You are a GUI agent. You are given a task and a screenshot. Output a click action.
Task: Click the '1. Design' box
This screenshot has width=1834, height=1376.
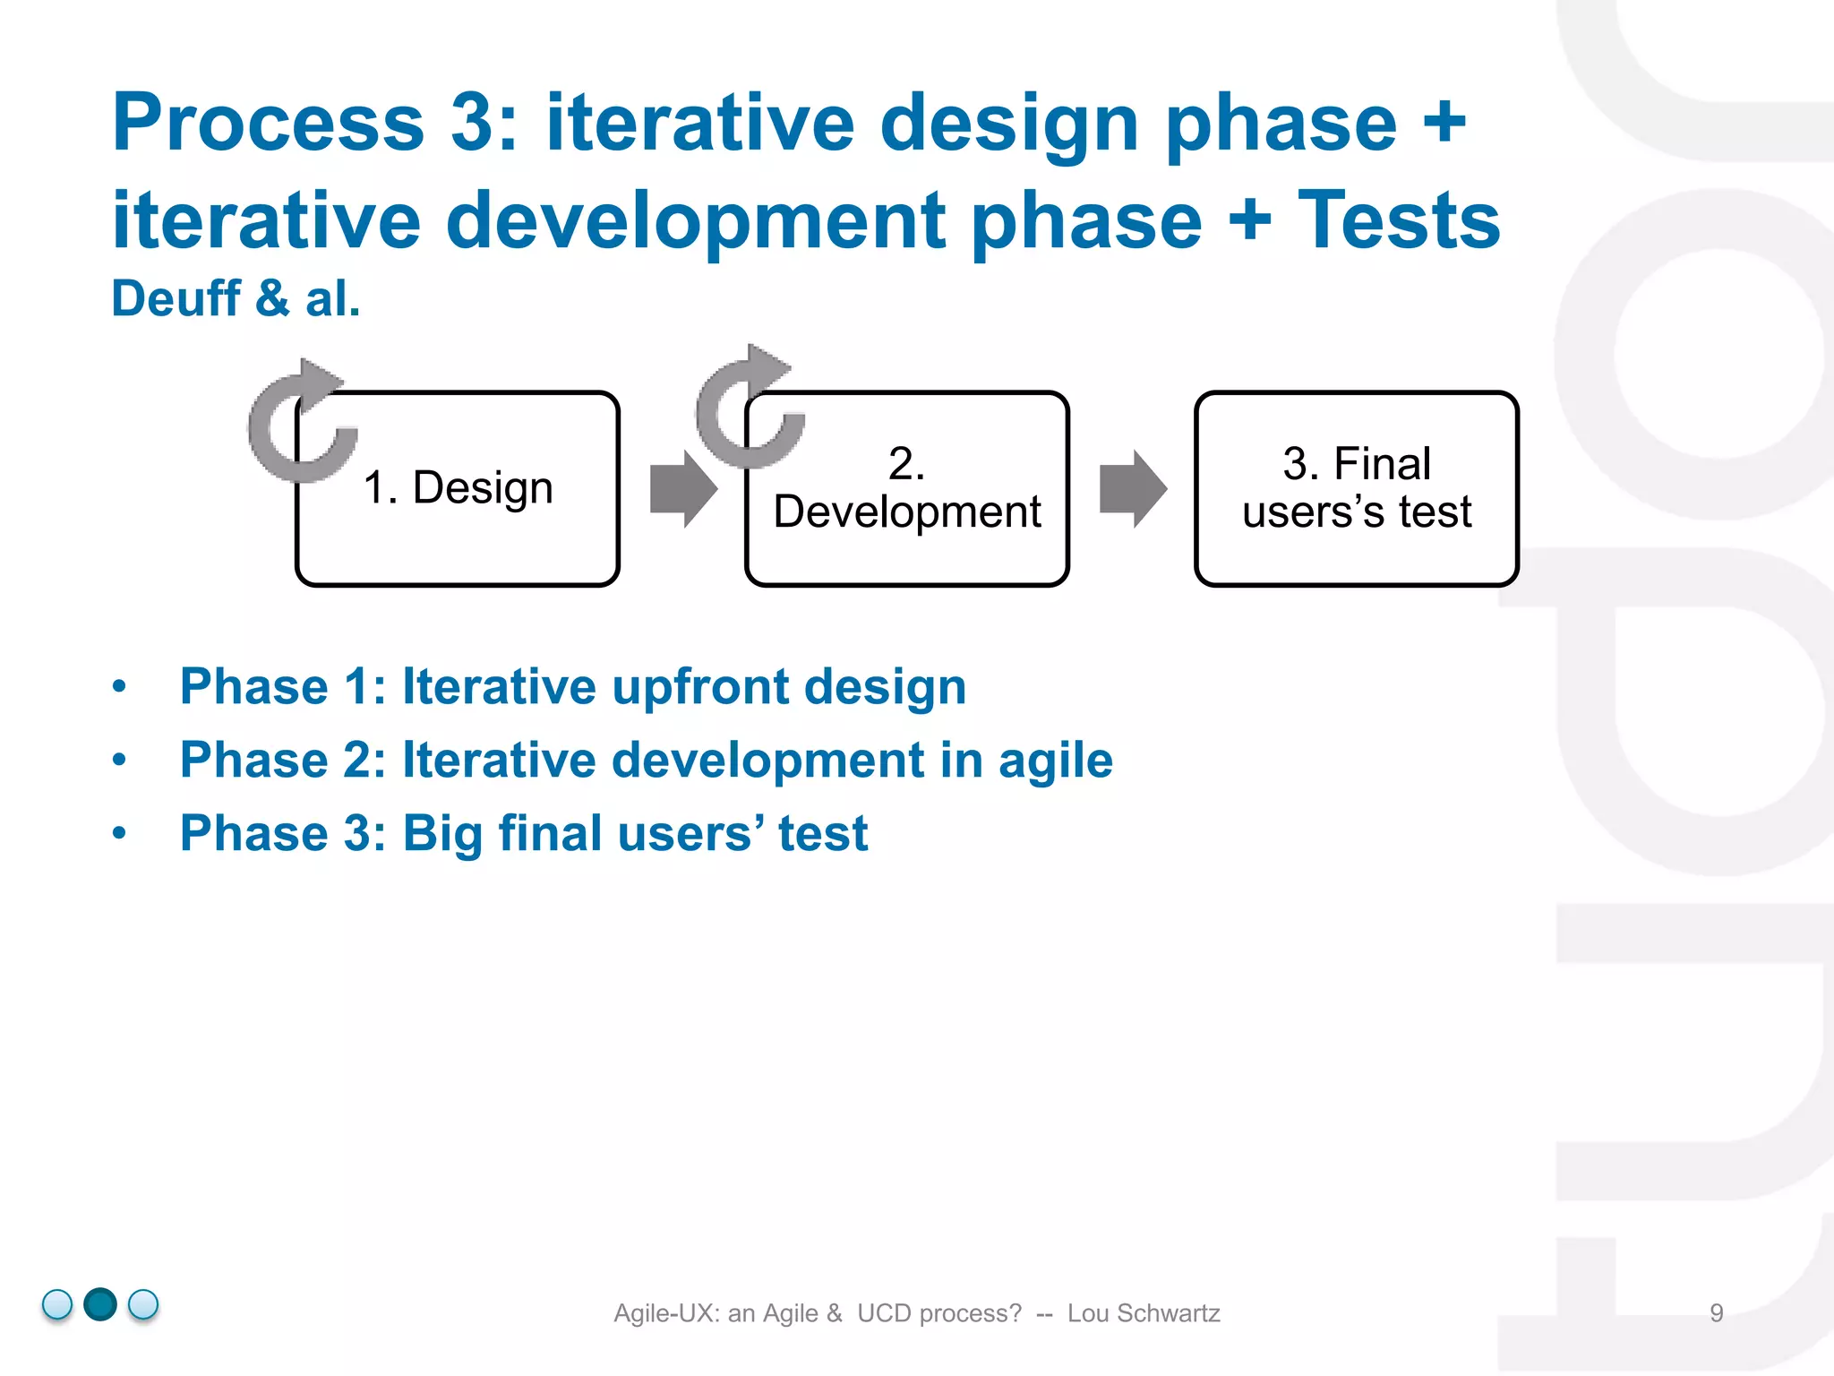(458, 489)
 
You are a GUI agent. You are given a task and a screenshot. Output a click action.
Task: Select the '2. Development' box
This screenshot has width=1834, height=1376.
(906, 489)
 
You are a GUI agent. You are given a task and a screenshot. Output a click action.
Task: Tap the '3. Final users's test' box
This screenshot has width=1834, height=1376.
(1356, 489)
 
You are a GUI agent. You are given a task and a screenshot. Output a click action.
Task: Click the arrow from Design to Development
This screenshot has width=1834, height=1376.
(683, 489)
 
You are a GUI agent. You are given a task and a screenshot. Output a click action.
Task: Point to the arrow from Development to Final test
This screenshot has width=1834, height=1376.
(1133, 489)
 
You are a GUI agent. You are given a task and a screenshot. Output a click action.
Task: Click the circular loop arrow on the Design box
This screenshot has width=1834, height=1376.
(300, 421)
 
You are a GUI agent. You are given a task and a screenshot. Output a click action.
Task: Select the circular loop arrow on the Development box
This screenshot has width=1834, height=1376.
(748, 408)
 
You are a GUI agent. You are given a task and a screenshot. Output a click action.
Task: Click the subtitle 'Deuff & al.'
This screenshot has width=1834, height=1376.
(236, 298)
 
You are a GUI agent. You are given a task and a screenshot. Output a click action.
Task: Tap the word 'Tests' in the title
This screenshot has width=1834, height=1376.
(1399, 220)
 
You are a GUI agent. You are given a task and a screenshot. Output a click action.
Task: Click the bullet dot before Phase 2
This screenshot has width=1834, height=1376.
(120, 761)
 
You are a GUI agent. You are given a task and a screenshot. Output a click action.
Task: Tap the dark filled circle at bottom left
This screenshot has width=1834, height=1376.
(100, 1304)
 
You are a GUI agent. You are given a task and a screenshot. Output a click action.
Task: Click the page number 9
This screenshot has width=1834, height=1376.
(1716, 1313)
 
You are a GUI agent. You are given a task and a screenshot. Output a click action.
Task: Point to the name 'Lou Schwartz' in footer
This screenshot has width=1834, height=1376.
(1144, 1313)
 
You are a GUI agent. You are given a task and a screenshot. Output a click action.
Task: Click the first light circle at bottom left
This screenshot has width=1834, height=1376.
(57, 1304)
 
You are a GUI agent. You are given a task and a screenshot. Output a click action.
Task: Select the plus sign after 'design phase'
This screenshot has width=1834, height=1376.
(1444, 125)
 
